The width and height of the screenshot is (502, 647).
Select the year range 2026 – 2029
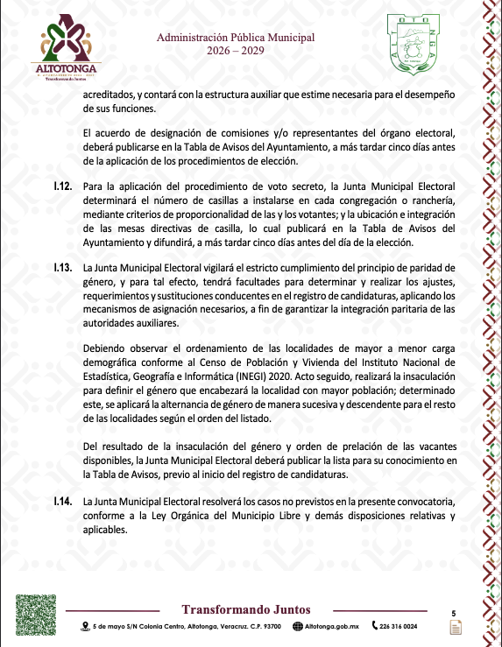click(235, 51)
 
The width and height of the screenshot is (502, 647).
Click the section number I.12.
click(62, 186)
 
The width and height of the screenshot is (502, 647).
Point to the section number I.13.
click(62, 266)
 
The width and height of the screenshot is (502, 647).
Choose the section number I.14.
click(62, 501)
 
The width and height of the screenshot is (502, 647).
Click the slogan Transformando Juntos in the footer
click(245, 609)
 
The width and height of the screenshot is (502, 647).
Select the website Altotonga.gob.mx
click(332, 627)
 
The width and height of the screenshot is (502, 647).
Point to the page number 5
click(453, 614)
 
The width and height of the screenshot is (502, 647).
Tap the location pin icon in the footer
click(85, 627)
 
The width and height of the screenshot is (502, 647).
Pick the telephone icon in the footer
click(375, 627)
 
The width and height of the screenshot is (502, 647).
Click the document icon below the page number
click(455, 628)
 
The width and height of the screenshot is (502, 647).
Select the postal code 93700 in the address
click(272, 627)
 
